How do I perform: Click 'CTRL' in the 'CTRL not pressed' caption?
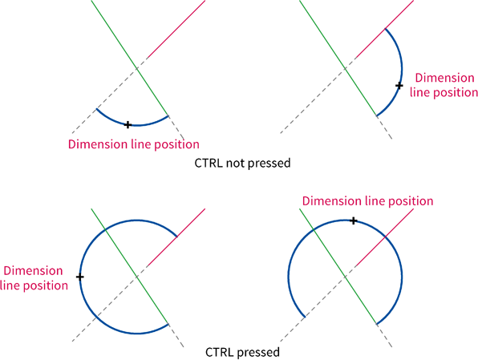pyautogui.click(x=209, y=163)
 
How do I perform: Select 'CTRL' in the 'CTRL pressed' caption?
pyautogui.click(x=220, y=352)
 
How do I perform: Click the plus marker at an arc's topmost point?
pyautogui.click(x=354, y=220)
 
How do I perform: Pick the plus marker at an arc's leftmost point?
pyautogui.click(x=80, y=277)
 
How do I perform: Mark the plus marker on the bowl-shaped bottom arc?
pyautogui.click(x=128, y=124)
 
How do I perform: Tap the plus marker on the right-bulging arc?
pyautogui.click(x=399, y=86)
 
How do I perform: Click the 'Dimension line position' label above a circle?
pyautogui.click(x=367, y=201)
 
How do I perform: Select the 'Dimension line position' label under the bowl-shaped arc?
pyautogui.click(x=133, y=144)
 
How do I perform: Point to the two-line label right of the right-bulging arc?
pyautogui.click(x=444, y=85)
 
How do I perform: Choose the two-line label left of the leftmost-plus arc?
pyautogui.click(x=34, y=278)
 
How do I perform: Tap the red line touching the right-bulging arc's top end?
pyautogui.click(x=384, y=29)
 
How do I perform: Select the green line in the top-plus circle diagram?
pyautogui.click(x=338, y=266)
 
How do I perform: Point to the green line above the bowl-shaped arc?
pyautogui.click(x=130, y=58)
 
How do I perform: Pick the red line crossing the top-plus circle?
pyautogui.click(x=384, y=237)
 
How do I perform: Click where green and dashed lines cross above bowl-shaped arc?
pyautogui.click(x=137, y=69)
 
